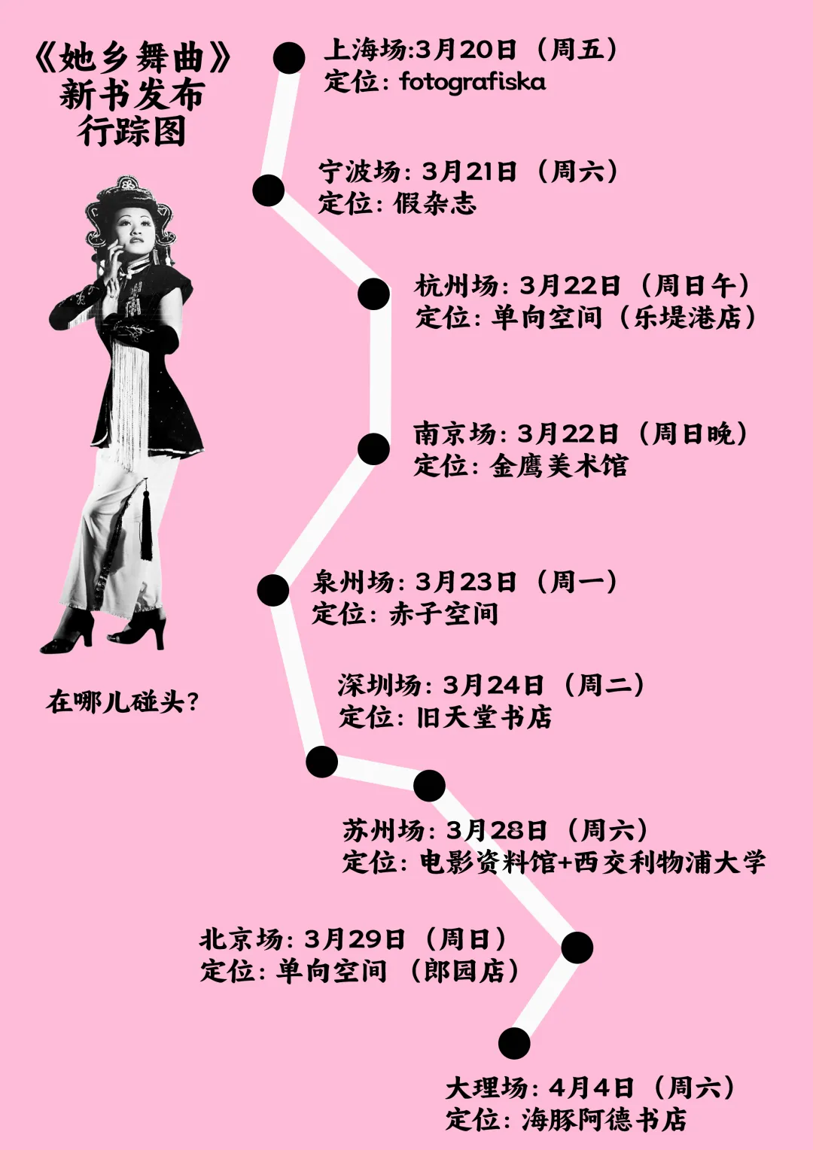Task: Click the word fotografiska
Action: pos(473,81)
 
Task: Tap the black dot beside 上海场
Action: pos(289,58)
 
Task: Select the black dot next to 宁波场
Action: pos(269,190)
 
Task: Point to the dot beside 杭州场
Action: pos(373,294)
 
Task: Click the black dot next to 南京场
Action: pos(373,449)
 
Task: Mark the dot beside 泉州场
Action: pos(273,590)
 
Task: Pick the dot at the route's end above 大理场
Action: pos(514,1044)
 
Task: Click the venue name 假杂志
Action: pos(434,203)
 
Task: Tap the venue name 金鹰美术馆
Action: pos(559,466)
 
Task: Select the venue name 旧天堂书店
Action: pos(484,716)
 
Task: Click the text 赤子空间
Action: pos(443,613)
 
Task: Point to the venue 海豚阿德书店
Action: pos(604,1119)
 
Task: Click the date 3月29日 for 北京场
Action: pos(355,939)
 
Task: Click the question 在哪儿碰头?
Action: pos(123,701)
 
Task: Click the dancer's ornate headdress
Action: pos(124,197)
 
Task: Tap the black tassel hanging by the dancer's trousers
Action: pos(145,527)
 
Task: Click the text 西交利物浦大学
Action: pos(669,862)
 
